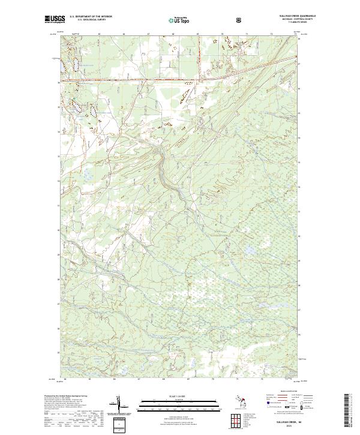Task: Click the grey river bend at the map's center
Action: (163, 157)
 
